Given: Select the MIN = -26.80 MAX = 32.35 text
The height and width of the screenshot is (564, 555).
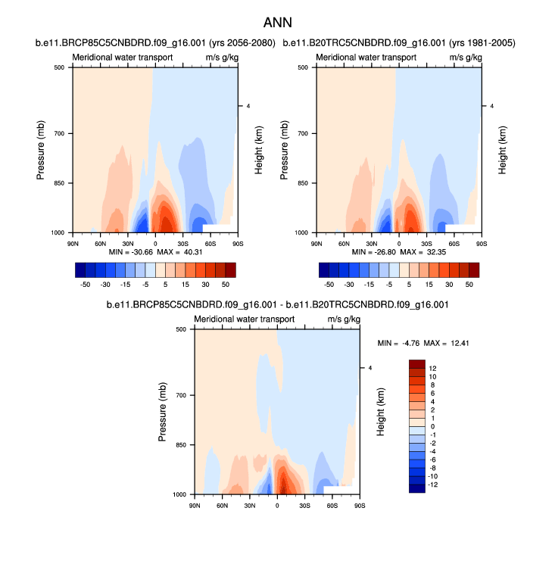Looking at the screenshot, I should pyautogui.click(x=398, y=251).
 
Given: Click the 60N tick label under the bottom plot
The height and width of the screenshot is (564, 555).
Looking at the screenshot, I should pyautogui.click(x=223, y=505).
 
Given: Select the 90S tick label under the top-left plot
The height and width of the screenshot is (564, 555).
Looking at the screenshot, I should pyautogui.click(x=237, y=243).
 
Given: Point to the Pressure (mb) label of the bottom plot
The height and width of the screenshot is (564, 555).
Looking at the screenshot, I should pyautogui.click(x=163, y=412).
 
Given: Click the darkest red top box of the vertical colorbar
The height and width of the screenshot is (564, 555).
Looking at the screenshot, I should pyautogui.click(x=417, y=364).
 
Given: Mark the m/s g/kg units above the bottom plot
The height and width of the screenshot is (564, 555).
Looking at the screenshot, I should pyautogui.click(x=342, y=319).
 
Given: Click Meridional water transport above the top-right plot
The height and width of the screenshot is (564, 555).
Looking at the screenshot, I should pyautogui.click(x=356, y=58).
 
